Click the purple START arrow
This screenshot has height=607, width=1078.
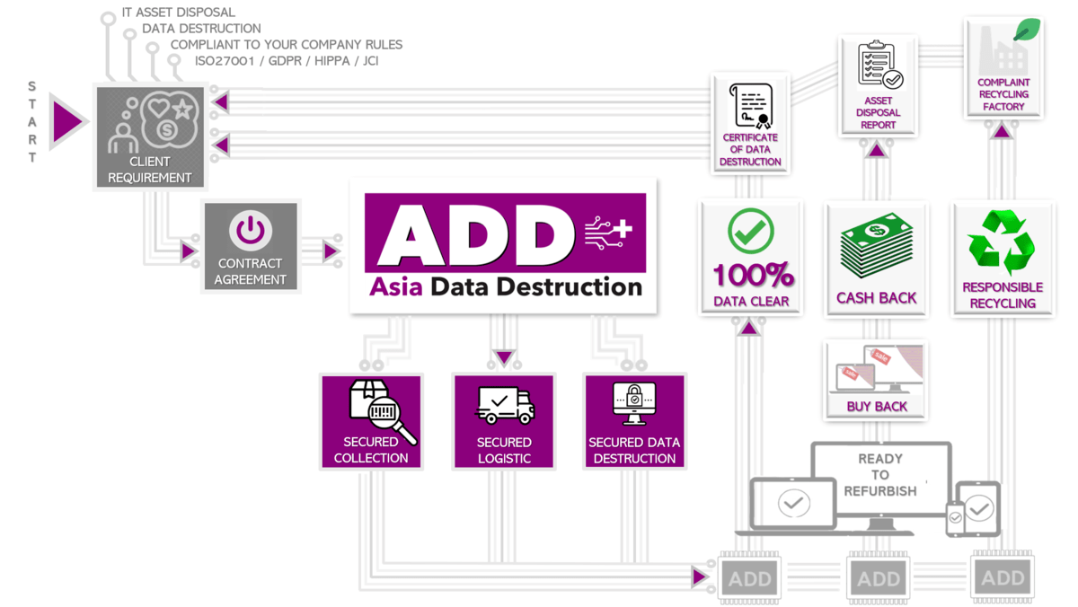(x=67, y=121)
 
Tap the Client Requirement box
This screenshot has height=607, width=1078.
(x=150, y=137)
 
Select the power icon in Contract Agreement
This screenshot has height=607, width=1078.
(x=250, y=231)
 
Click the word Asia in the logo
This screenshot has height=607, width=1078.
(x=396, y=287)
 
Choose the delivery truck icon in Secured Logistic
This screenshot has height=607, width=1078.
(x=505, y=405)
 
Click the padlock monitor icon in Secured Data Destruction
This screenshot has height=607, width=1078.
(x=634, y=403)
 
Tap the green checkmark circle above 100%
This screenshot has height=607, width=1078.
(x=750, y=232)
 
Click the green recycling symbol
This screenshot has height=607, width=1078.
(x=1002, y=242)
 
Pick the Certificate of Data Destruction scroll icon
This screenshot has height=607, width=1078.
(x=750, y=106)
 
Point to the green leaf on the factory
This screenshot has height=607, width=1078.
(x=1026, y=30)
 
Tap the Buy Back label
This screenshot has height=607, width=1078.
(x=877, y=407)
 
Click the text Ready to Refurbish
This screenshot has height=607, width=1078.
(x=880, y=474)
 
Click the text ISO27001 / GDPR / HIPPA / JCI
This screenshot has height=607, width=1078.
(x=287, y=62)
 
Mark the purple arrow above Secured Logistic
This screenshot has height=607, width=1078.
(x=504, y=357)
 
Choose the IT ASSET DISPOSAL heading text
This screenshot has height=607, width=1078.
(x=179, y=13)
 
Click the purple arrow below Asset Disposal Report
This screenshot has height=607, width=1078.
(x=877, y=150)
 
